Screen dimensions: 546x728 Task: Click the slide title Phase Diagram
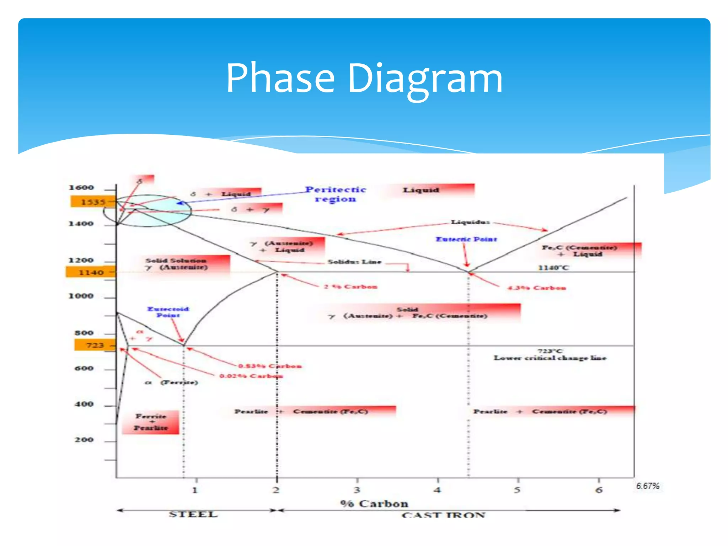click(x=364, y=78)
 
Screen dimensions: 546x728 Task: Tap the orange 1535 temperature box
click(x=93, y=202)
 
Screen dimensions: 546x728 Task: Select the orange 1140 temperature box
click(x=91, y=272)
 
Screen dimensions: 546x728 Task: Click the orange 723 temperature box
click(x=95, y=345)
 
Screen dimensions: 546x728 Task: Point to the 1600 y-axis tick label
click(x=81, y=187)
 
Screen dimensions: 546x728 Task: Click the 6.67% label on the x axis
click(x=648, y=486)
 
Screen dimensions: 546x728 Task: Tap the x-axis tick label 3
click(x=357, y=490)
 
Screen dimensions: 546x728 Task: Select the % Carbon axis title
click(x=374, y=504)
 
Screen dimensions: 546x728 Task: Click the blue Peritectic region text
click(x=335, y=194)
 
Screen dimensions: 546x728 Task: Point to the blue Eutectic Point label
click(x=466, y=239)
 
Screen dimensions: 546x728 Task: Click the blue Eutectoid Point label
click(x=168, y=312)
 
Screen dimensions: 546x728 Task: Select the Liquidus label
click(x=470, y=222)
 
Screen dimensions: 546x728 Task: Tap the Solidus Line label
click(x=354, y=262)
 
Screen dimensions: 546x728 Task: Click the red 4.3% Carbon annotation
click(x=536, y=288)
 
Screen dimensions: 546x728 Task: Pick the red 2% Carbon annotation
click(x=350, y=287)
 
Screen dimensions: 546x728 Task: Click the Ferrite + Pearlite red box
click(x=151, y=422)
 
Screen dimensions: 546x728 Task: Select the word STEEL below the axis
click(x=193, y=514)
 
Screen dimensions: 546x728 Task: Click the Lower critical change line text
click(x=550, y=358)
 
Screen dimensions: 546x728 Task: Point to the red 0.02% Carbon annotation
click(x=251, y=376)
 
